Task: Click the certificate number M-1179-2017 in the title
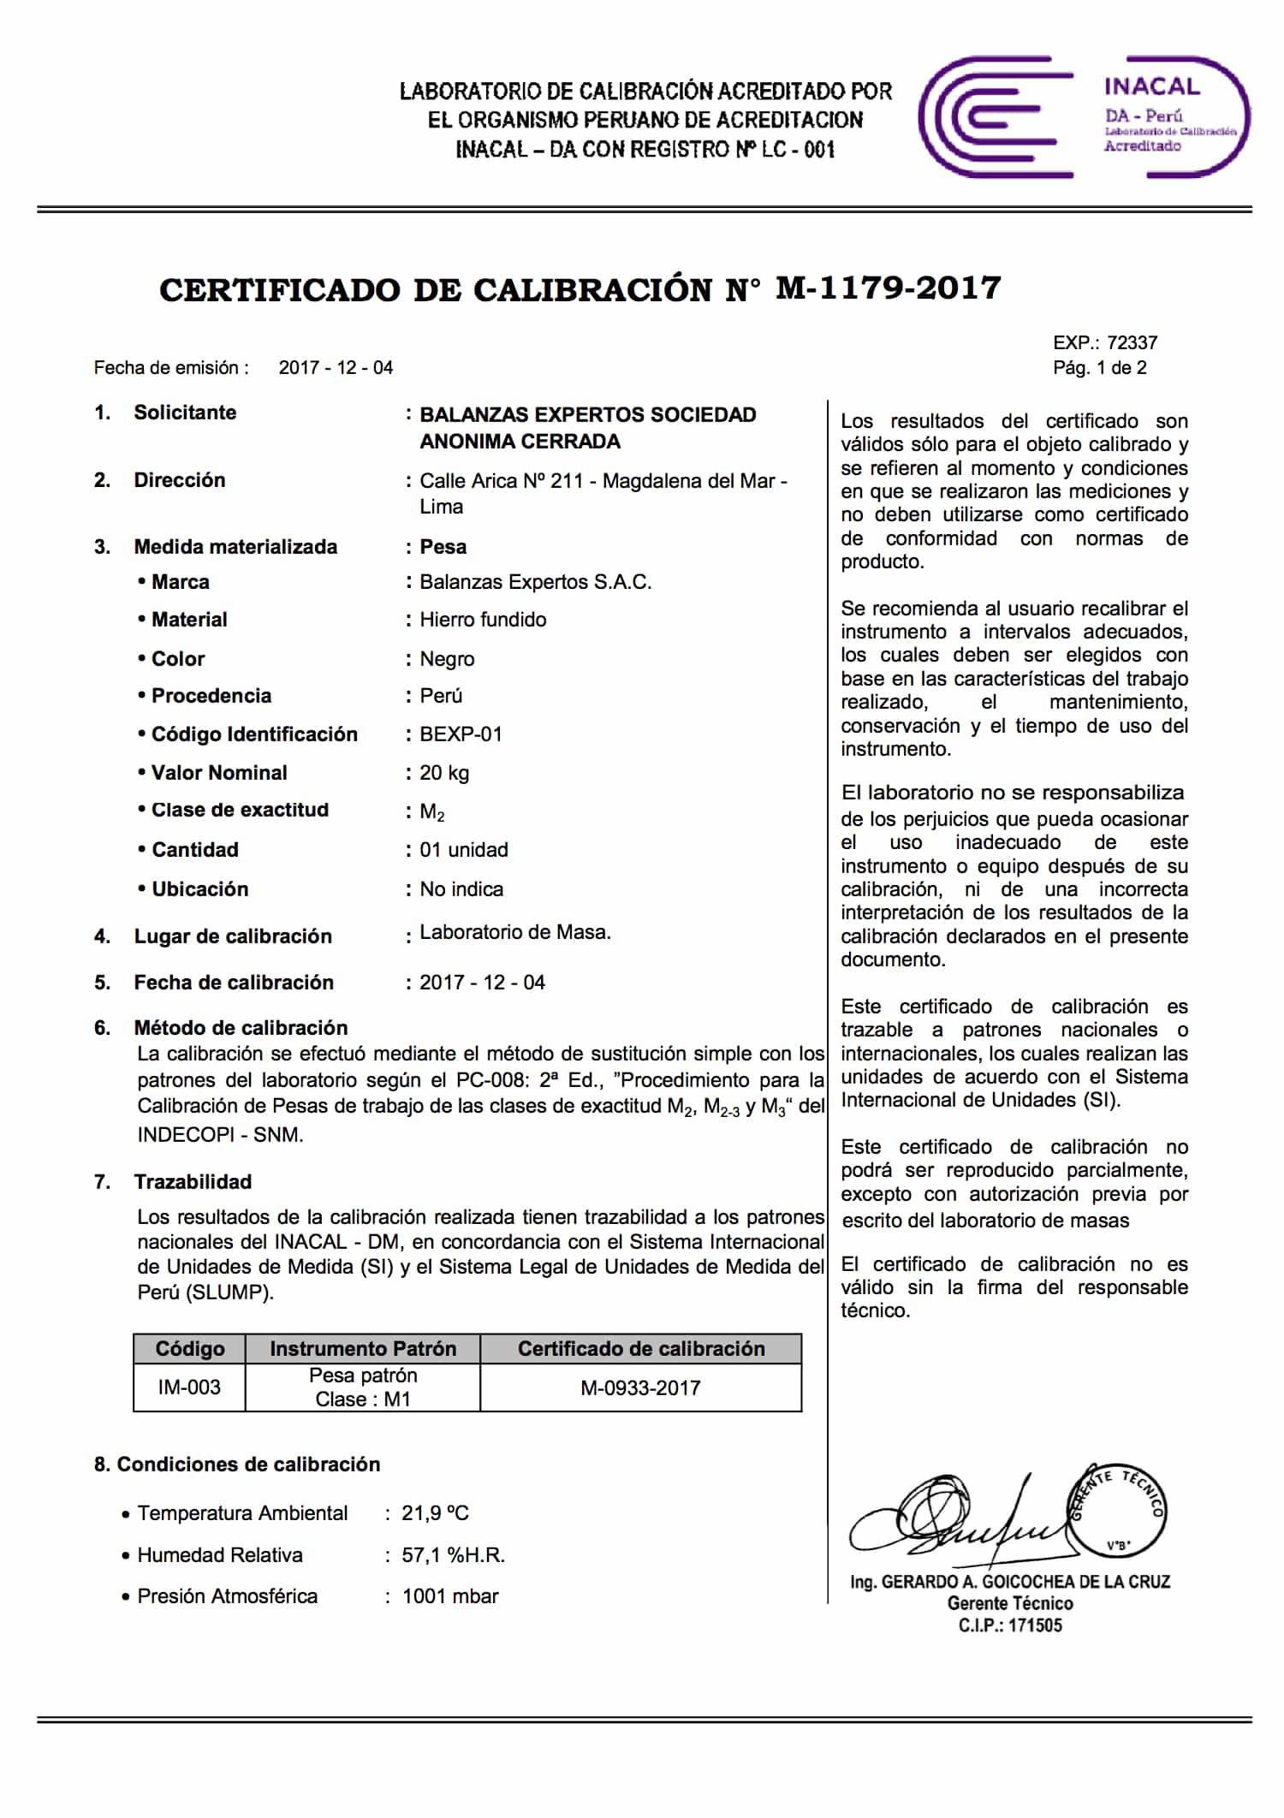[x=889, y=288]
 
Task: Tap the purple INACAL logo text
[x=1151, y=86]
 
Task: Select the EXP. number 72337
[x=1132, y=343]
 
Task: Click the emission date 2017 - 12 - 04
[x=336, y=368]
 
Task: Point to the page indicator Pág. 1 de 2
[x=1099, y=368]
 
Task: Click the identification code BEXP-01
[x=461, y=734]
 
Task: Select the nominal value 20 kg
[x=444, y=773]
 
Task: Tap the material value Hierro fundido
[x=483, y=620]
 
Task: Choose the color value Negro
[x=447, y=659]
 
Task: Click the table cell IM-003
[x=189, y=1387]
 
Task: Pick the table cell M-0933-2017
[x=640, y=1387]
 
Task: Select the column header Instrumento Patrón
[x=363, y=1349]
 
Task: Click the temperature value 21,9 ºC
[x=435, y=1513]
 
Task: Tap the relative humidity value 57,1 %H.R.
[x=453, y=1555]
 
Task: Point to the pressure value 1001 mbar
[x=450, y=1596]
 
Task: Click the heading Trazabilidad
[x=193, y=1182]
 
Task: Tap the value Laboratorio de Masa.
[x=515, y=933]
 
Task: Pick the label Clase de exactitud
[x=240, y=810]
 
